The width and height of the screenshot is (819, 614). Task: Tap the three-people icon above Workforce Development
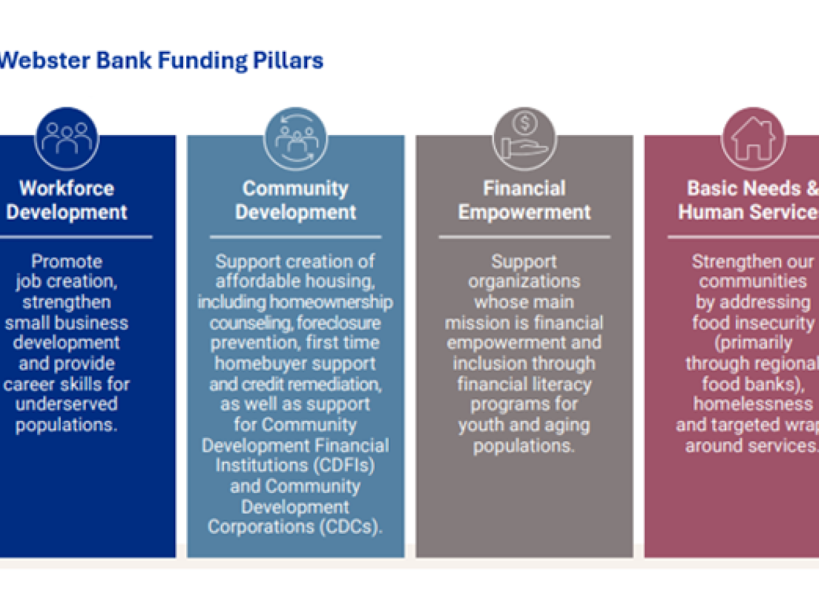pos(67,139)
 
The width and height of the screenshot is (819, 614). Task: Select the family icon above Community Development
pos(296,139)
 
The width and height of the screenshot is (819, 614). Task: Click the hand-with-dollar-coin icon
pos(525,139)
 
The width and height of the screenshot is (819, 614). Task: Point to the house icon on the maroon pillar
pos(753,139)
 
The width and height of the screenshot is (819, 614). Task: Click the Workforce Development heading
pos(67,200)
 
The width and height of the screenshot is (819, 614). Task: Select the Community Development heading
pos(296,200)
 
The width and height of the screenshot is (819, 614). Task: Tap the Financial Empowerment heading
pos(525,200)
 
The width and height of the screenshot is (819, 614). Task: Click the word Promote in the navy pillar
pos(67,261)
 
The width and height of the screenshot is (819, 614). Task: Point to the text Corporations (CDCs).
pos(295,527)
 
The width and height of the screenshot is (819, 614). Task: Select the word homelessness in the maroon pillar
pos(753,404)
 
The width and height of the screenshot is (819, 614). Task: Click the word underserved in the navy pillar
pos(67,404)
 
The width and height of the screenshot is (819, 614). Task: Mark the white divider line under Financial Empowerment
pos(525,237)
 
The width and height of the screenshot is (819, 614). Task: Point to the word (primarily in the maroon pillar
pos(753,343)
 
